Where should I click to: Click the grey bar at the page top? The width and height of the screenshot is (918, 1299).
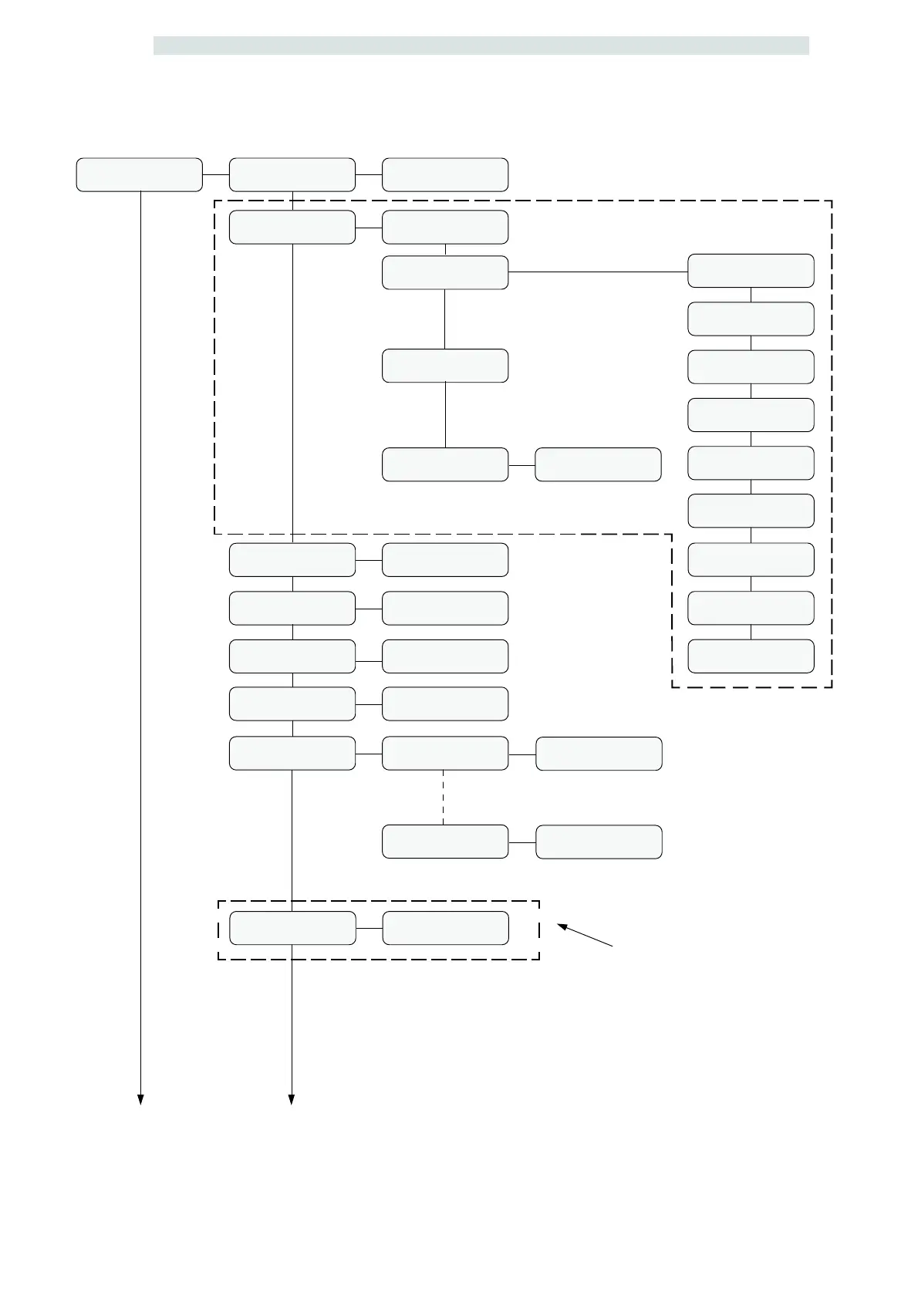481,46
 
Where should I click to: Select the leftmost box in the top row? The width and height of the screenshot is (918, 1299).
139,174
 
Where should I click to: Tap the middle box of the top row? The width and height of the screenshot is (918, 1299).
292,174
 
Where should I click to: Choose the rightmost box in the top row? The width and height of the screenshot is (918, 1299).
445,174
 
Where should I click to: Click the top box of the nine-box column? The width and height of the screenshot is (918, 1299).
751,271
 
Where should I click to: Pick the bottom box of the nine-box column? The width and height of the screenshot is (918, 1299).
751,656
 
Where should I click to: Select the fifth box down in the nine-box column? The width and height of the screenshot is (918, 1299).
751,463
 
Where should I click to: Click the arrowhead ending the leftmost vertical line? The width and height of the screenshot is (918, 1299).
140,1100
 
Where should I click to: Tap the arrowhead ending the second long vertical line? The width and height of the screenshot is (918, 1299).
292,1100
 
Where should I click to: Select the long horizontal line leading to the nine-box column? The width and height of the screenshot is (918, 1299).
598,272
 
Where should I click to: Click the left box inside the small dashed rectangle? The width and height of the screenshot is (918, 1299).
292,928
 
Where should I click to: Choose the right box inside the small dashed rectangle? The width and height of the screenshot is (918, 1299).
445,928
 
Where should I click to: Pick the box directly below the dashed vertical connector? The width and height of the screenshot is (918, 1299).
445,842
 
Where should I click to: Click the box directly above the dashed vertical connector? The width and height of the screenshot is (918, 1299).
445,754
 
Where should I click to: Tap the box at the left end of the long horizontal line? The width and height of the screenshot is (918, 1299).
445,272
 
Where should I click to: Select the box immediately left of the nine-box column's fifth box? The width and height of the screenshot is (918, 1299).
598,464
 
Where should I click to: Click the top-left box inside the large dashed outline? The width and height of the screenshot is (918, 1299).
292,227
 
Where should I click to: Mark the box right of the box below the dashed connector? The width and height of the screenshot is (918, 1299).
599,842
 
